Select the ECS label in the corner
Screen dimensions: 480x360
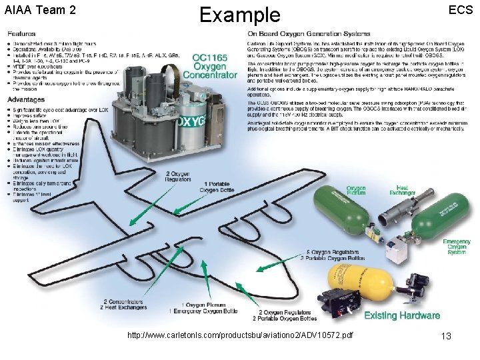pos(460,11)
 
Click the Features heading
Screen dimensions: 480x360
pos(21,33)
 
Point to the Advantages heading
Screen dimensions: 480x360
pos(27,99)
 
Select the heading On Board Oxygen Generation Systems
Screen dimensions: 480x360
pos(308,33)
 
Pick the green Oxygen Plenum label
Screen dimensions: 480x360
pos(356,191)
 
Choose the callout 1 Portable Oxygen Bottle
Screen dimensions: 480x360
pos(217,187)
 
